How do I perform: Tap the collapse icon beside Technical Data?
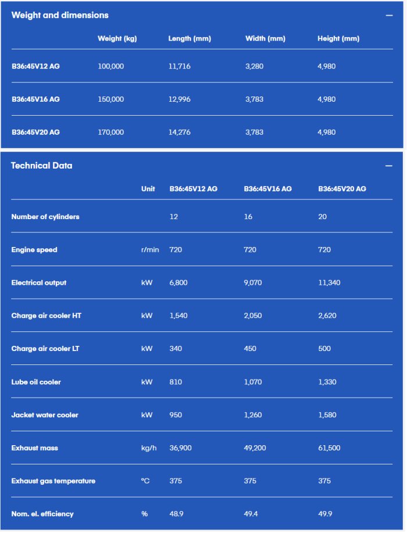(389, 166)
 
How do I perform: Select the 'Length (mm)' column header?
(190, 39)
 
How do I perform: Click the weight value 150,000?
(111, 99)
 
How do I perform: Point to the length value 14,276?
(180, 133)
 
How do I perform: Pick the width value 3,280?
(254, 66)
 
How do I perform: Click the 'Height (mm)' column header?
(338, 39)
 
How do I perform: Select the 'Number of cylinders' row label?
(45, 217)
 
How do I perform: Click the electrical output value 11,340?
(329, 283)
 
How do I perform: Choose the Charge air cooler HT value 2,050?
(254, 316)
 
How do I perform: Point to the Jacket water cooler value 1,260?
(254, 415)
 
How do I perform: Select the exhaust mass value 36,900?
(181, 448)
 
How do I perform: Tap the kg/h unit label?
(148, 448)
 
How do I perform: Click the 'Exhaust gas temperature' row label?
(53, 481)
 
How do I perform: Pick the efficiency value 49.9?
(324, 514)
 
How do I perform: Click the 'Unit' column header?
(148, 189)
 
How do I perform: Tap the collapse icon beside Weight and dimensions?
(389, 16)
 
